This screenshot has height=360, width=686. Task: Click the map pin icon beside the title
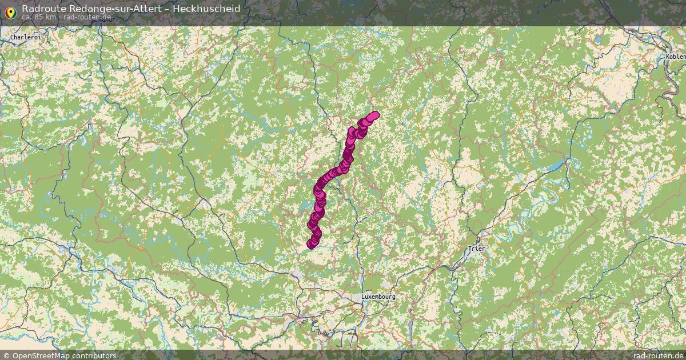[10, 11]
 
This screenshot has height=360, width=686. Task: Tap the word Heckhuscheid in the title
[209, 9]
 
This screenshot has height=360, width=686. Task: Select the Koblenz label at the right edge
[676, 57]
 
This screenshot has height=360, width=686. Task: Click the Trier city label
[476, 249]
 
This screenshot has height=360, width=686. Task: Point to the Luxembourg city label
[378, 297]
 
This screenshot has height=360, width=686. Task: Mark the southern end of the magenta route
[312, 245]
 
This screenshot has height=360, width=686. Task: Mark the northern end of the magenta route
[374, 115]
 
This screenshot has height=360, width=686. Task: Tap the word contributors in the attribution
[94, 355]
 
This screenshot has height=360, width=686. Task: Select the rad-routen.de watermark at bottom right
[658, 355]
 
